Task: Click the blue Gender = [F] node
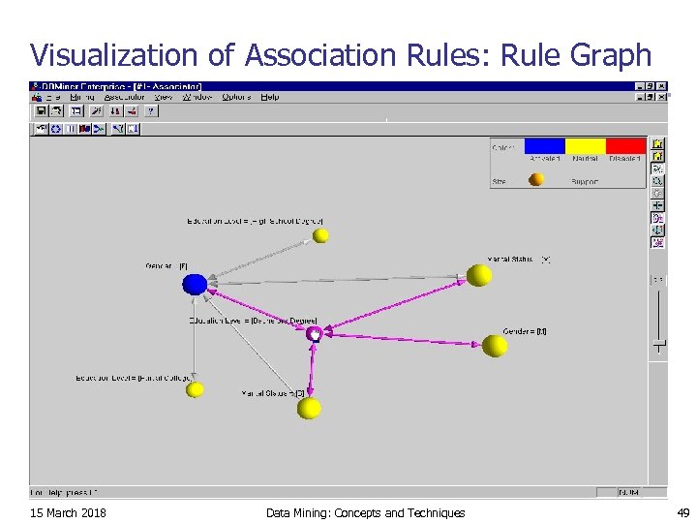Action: [195, 284]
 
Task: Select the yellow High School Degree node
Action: [321, 235]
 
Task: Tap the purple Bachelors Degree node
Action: [314, 334]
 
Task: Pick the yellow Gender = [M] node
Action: [495, 345]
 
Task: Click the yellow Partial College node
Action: [195, 389]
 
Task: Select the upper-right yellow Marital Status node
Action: [479, 275]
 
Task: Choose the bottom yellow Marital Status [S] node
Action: [309, 408]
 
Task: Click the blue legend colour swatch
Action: [545, 146]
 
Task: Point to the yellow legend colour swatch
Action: [585, 146]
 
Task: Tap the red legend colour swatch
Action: [624, 146]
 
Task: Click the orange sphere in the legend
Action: [535, 179]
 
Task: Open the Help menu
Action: [270, 97]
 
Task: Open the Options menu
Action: [235, 97]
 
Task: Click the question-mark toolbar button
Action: [151, 111]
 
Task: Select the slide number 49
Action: [682, 512]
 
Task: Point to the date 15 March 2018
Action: [69, 512]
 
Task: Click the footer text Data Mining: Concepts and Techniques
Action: [365, 512]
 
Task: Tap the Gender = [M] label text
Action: [525, 331]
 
